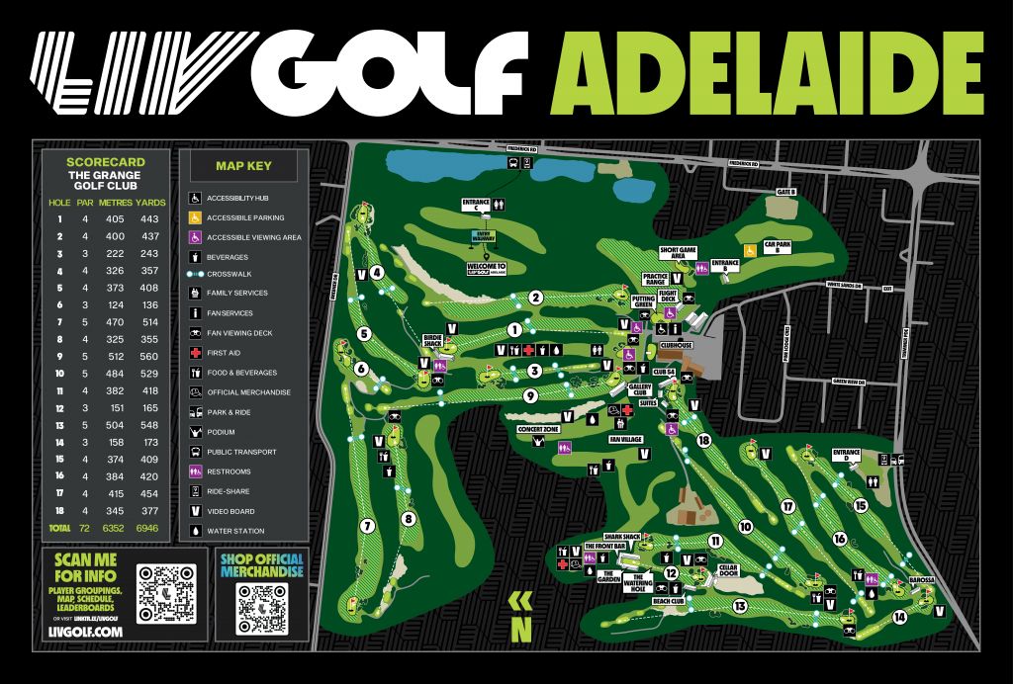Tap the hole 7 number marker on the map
[367, 526]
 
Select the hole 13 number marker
[739, 606]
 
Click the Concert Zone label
[538, 430]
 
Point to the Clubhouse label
[677, 345]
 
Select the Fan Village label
[625, 438]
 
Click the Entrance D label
[846, 456]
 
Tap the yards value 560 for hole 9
[149, 356]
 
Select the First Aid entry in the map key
[224, 353]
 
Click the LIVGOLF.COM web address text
[85, 631]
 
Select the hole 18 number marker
[704, 440]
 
